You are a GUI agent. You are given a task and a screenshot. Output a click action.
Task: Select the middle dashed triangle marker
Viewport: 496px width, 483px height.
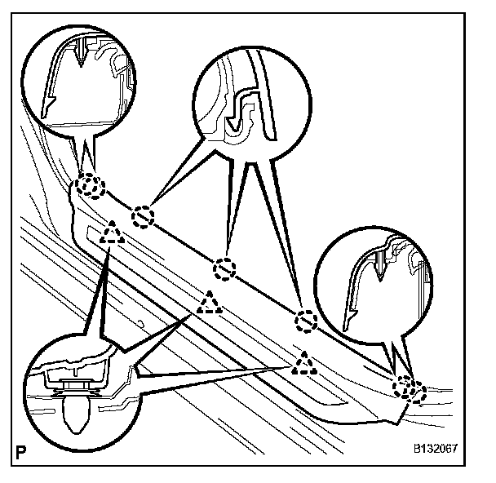point(210,304)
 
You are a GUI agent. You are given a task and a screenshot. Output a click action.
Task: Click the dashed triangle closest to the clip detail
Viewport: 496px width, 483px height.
point(111,237)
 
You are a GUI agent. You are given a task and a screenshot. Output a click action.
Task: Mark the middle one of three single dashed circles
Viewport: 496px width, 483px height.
point(224,267)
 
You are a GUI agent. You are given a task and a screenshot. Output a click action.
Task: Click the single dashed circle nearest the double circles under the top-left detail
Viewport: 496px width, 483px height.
point(144,216)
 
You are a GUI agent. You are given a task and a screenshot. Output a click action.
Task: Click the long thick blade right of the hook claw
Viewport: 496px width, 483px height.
point(263,98)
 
